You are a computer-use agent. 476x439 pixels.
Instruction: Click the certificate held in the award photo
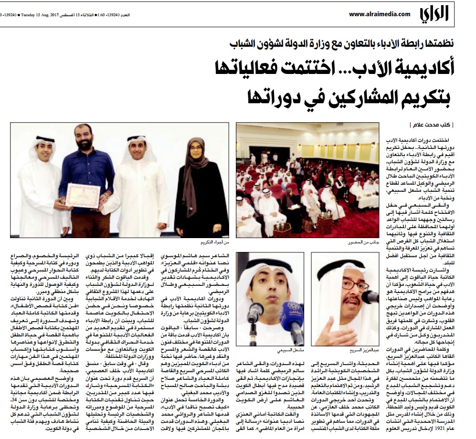(x=82, y=195)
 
